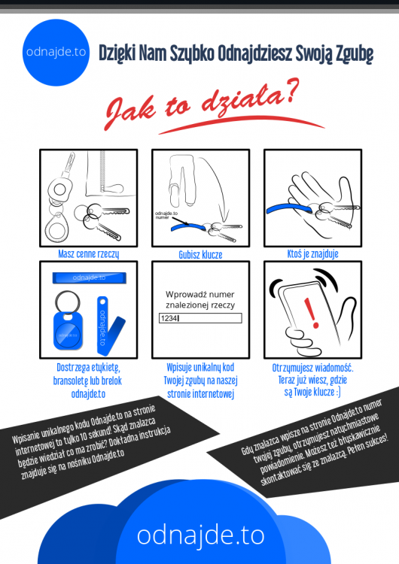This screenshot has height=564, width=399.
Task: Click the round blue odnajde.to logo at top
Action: tap(56, 53)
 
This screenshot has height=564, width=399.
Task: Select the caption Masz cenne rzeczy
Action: tap(89, 254)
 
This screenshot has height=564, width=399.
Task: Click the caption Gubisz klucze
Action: tap(200, 255)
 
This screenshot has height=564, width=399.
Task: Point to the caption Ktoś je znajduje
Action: tap(312, 254)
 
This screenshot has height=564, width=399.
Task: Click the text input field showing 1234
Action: tap(200, 318)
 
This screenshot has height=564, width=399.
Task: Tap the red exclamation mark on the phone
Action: tap(311, 313)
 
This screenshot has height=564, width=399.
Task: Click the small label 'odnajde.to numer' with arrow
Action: tap(166, 215)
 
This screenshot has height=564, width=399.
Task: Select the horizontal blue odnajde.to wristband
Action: tap(90, 277)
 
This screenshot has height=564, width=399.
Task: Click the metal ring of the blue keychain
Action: tap(67, 302)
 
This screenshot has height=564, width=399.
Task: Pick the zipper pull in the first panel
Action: tap(113, 188)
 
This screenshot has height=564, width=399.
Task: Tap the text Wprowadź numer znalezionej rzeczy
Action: tap(200, 299)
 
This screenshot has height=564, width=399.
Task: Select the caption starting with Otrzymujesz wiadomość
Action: tap(312, 380)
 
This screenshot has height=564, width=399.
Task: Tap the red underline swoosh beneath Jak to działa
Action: tap(241, 123)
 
